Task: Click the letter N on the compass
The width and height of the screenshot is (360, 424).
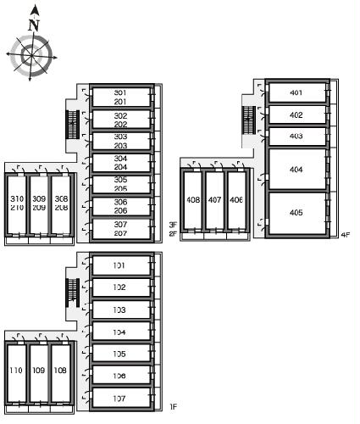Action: (x=34, y=25)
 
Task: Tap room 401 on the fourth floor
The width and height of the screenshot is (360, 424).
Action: (x=297, y=92)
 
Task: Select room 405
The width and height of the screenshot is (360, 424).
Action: (x=297, y=213)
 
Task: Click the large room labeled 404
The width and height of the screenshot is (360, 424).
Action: (x=297, y=169)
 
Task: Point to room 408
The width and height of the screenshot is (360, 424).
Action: (x=193, y=200)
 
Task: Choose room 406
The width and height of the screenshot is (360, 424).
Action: (x=236, y=200)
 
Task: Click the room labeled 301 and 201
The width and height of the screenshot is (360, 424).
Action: (x=121, y=97)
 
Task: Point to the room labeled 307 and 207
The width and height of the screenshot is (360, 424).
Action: (x=121, y=229)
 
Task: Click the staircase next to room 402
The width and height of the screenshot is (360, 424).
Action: (x=249, y=120)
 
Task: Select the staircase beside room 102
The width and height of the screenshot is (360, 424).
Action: (x=73, y=293)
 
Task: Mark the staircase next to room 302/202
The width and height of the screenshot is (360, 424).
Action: (x=73, y=125)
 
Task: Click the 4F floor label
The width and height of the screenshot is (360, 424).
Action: (x=346, y=235)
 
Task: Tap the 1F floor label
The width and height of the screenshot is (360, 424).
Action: (x=174, y=407)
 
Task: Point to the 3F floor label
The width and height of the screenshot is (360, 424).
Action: (x=173, y=225)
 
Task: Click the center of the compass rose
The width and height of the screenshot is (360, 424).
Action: (x=31, y=56)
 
